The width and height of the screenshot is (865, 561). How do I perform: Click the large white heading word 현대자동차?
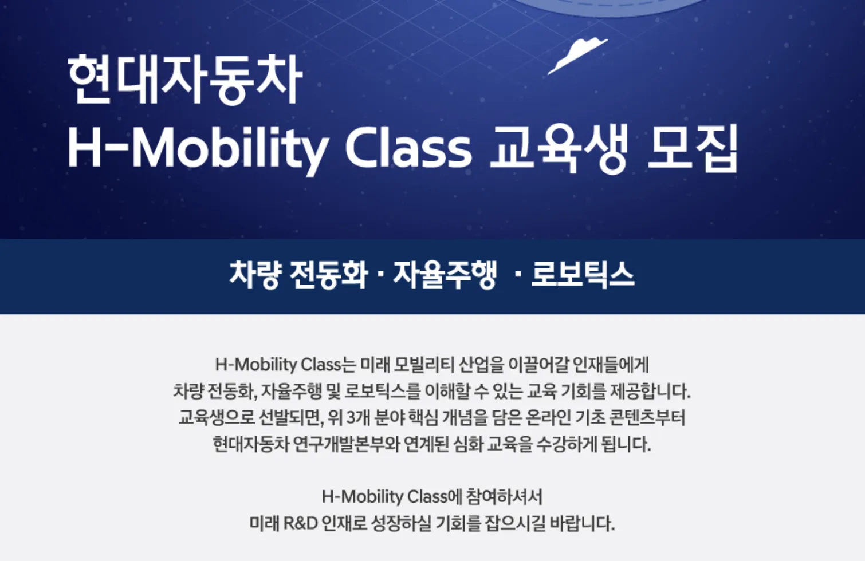184,80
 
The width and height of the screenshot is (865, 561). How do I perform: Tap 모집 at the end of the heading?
693,148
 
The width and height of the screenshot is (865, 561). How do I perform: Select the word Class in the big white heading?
408,148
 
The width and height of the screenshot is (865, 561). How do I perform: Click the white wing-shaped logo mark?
577,56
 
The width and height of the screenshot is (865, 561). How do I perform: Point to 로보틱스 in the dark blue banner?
583,275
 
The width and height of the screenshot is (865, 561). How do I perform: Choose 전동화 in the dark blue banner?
328,275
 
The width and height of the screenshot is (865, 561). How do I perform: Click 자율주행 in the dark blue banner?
444,275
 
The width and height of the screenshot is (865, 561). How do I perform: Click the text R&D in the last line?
300,524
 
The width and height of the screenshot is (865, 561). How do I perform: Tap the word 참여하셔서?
504,496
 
